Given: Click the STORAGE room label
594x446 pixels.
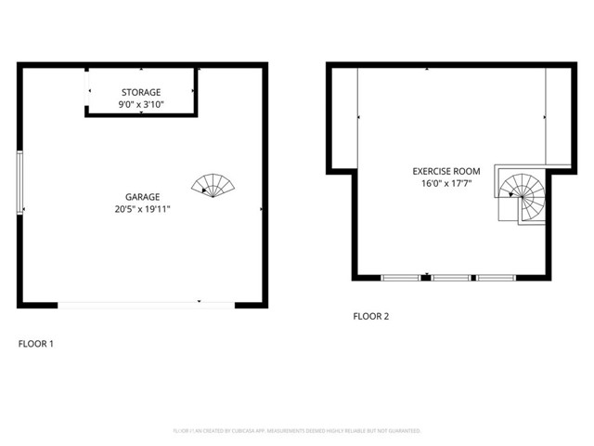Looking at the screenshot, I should click(x=141, y=92).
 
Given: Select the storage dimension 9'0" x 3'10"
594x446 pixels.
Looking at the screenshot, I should click(x=141, y=105).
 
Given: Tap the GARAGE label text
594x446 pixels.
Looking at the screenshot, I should click(x=143, y=196).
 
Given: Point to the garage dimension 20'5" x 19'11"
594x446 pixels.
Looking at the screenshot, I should click(x=143, y=209).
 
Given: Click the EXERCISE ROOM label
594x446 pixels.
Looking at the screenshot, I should click(x=446, y=171).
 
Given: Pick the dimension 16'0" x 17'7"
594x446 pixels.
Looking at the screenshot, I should click(x=446, y=184).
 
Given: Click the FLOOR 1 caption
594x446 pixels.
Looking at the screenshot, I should click(x=36, y=344).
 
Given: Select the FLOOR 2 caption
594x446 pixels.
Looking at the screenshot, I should click(x=370, y=316).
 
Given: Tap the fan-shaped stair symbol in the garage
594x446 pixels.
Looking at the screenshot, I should click(x=213, y=185).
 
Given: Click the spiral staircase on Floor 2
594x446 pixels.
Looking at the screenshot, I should click(x=522, y=195).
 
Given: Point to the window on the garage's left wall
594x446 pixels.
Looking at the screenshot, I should click(x=19, y=182).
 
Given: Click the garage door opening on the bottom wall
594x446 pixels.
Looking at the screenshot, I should click(x=147, y=303).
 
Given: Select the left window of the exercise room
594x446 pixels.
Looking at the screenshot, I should click(x=401, y=277).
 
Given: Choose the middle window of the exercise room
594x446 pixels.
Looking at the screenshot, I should click(x=450, y=277).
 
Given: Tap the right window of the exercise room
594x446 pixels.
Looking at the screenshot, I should click(x=496, y=277).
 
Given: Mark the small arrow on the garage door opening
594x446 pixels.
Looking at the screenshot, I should click(x=200, y=301).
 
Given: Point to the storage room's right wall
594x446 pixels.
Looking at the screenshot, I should click(x=196, y=91).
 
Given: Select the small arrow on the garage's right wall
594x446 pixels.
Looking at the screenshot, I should click(x=262, y=209).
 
